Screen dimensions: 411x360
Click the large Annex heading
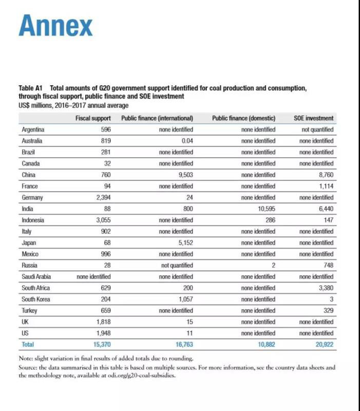tap(55, 26)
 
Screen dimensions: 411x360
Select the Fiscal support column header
tap(92, 118)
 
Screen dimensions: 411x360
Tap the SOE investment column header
tap(313, 118)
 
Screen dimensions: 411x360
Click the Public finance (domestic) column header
tap(243, 118)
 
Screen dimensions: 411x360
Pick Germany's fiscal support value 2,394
tap(103, 197)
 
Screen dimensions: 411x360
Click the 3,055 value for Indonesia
tap(103, 220)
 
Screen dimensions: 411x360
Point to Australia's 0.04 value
tap(187, 141)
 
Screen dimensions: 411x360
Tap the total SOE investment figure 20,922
tap(323, 344)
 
